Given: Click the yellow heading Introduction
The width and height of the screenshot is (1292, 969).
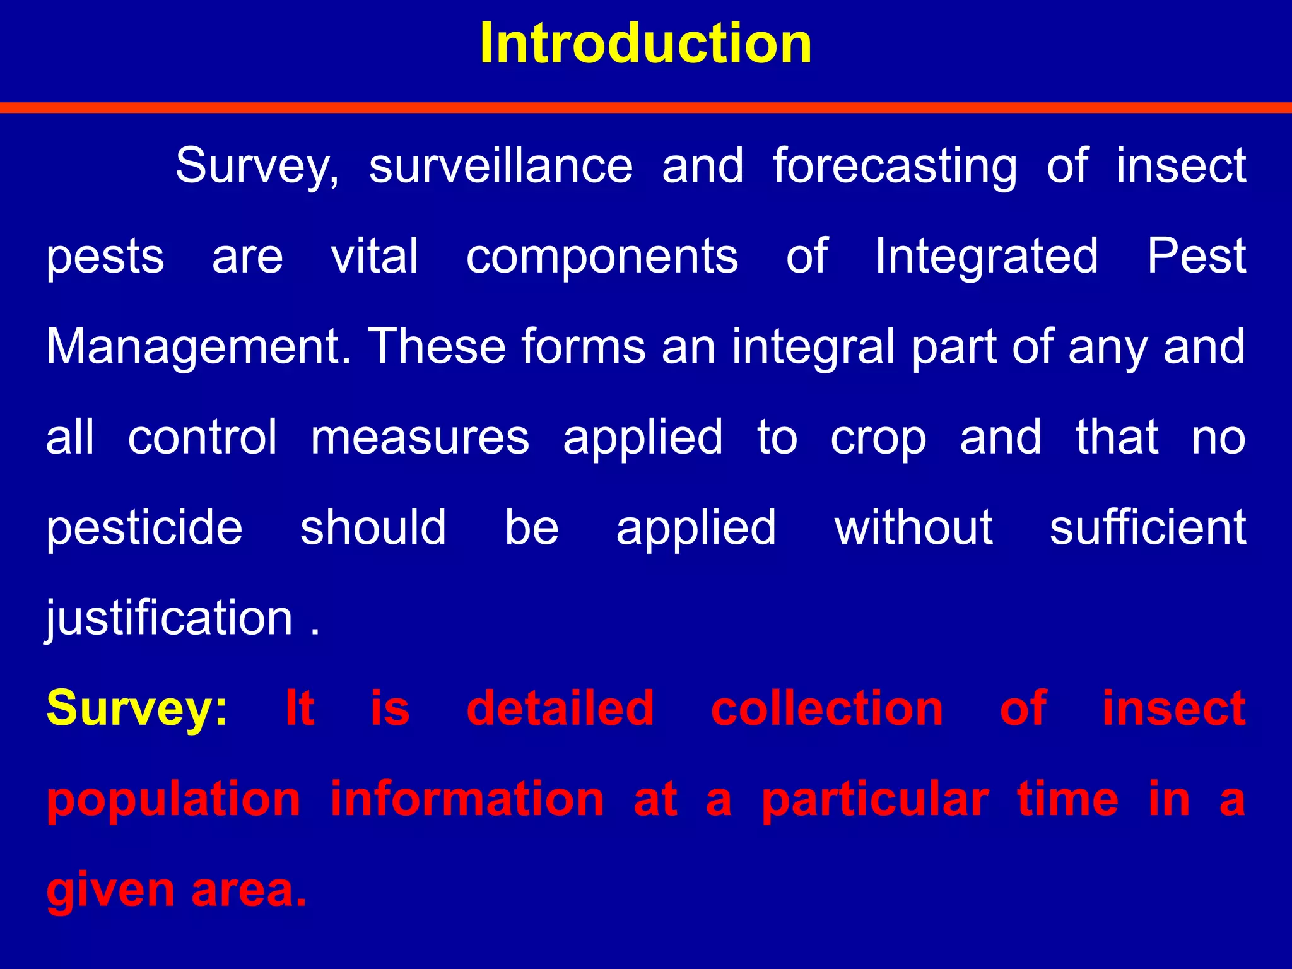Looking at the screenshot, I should [x=645, y=44].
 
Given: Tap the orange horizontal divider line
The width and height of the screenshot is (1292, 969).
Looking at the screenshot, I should [x=646, y=108].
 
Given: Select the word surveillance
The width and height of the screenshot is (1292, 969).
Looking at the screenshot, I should [x=501, y=165].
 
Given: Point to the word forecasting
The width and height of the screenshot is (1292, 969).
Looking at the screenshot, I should [x=895, y=167].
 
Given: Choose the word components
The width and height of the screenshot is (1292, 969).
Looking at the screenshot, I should [x=602, y=257].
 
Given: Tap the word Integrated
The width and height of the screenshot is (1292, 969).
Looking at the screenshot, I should [x=987, y=257].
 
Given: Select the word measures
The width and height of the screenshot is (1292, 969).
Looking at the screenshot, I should [x=420, y=437].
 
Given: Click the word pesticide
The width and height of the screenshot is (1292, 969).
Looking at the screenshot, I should [x=144, y=527].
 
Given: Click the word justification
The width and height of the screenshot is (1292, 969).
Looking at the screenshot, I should [x=170, y=618].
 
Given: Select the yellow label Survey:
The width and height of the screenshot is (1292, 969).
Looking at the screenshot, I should [x=137, y=709].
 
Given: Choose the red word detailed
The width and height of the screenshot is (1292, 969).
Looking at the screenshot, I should [x=560, y=708].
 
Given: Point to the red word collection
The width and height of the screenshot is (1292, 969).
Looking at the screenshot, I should [x=826, y=708].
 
